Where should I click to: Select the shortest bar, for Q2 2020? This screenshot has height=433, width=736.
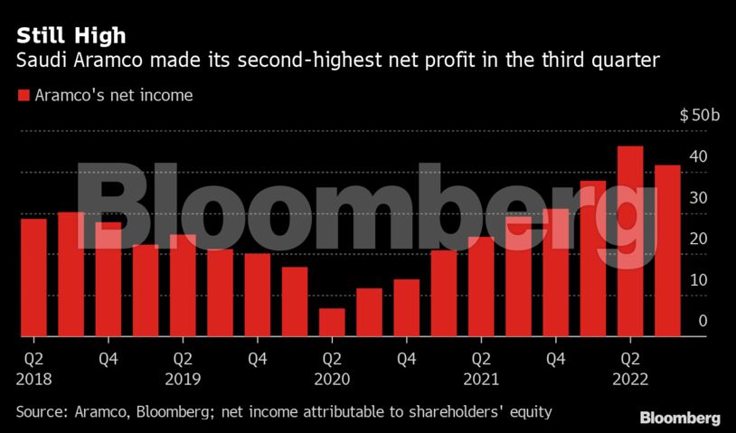pyautogui.click(x=332, y=322)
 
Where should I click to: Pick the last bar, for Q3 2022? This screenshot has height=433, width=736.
pyautogui.click(x=667, y=250)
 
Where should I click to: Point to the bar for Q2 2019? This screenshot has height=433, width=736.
pyautogui.click(x=183, y=286)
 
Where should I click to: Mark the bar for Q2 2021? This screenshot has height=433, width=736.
pyautogui.click(x=481, y=287)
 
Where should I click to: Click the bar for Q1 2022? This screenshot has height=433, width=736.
pyautogui.click(x=593, y=259)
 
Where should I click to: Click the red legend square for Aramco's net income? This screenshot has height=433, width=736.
pyautogui.click(x=23, y=95)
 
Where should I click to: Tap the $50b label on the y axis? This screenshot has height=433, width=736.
pyautogui.click(x=700, y=116)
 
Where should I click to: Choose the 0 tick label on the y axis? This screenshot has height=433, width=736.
pyautogui.click(x=703, y=321)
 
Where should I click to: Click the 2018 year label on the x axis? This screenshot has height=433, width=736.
pyautogui.click(x=33, y=379)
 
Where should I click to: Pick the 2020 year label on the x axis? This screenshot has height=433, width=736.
pyautogui.click(x=332, y=379)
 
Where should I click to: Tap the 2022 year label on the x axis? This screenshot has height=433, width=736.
pyautogui.click(x=630, y=379)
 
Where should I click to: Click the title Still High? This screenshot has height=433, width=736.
pyautogui.click(x=70, y=36)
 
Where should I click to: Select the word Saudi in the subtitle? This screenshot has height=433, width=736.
pyautogui.click(x=38, y=61)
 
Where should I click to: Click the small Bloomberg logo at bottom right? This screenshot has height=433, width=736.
pyautogui.click(x=680, y=418)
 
